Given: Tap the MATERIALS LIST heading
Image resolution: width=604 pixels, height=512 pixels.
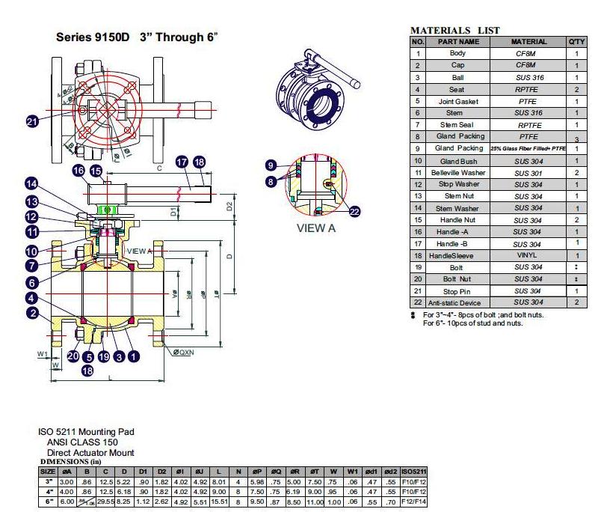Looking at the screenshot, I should (455, 30).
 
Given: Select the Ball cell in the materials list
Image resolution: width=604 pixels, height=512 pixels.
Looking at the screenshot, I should (457, 77).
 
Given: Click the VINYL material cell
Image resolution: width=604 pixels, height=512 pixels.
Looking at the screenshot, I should (528, 255).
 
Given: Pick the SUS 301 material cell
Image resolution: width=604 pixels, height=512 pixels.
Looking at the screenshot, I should (528, 172).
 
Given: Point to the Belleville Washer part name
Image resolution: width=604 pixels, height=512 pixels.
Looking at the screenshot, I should (457, 172).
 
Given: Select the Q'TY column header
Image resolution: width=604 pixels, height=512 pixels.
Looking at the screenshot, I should (576, 42).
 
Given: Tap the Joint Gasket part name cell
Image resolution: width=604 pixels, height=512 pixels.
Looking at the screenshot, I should (457, 101).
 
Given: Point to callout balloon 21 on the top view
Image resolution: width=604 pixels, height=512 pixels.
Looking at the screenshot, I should (32, 122).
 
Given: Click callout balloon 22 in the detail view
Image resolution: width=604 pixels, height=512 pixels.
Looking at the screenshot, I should (354, 211).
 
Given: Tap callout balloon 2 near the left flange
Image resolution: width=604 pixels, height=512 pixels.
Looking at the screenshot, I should (31, 314).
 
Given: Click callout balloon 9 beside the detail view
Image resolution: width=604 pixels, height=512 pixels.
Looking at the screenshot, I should (271, 165).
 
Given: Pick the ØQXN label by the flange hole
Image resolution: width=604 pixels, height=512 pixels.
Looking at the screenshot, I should (184, 352).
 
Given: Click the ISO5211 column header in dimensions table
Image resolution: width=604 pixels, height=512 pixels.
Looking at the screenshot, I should (413, 471).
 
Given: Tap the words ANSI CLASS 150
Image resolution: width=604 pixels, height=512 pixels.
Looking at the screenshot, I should (80, 442).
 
